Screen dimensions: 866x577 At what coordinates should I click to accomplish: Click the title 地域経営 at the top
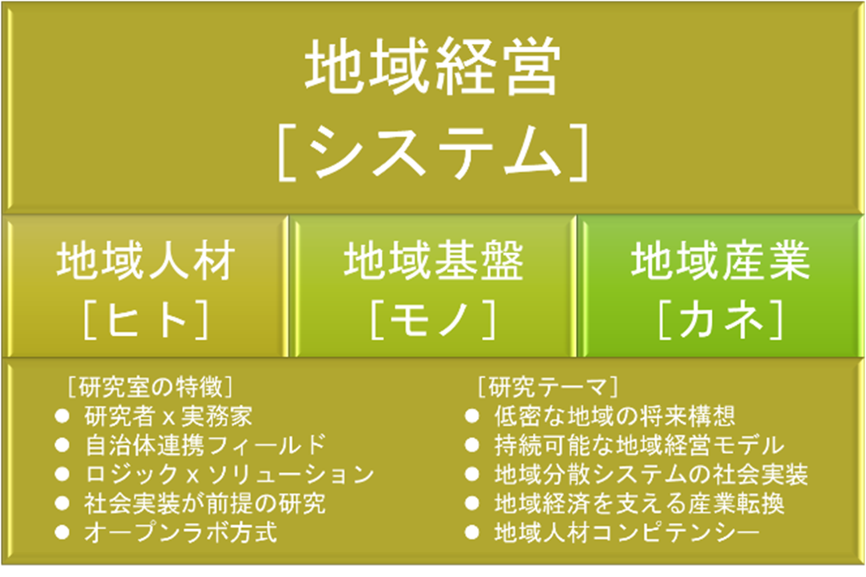tap(433, 67)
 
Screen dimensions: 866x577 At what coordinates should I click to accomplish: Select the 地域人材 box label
tap(146, 260)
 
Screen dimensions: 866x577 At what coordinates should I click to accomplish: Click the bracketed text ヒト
tap(146, 319)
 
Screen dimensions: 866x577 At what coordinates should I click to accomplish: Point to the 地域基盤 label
tap(434, 260)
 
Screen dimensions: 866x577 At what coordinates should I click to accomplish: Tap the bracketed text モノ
tap(434, 319)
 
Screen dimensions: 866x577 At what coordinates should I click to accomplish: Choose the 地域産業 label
tap(721, 260)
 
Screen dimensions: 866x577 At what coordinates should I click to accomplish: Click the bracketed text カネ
tap(721, 319)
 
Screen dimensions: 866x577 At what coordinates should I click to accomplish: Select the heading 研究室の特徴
tap(150, 387)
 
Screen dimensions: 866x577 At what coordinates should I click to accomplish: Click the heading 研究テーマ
tap(547, 387)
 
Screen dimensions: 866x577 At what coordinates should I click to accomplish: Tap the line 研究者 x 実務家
tap(169, 416)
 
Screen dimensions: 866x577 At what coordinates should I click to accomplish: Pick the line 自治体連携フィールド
tap(205, 445)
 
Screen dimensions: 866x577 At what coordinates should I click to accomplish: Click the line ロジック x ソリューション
tap(230, 474)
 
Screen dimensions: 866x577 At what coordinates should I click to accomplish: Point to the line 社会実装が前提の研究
tap(205, 503)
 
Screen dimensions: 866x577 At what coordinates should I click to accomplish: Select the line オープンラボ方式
tap(181, 532)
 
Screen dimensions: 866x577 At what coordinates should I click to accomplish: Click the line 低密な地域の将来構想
tap(614, 416)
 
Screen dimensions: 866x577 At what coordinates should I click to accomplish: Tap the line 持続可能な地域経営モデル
tap(639, 445)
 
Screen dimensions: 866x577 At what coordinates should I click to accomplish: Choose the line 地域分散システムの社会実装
tap(651, 474)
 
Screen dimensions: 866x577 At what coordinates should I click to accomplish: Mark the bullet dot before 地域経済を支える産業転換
tap(471, 503)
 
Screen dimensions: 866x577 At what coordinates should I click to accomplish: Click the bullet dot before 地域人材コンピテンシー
tap(471, 532)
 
